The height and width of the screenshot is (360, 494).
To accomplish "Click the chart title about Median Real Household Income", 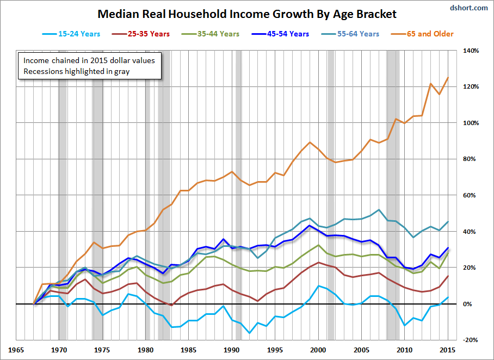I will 247,14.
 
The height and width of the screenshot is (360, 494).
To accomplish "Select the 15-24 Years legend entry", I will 71,34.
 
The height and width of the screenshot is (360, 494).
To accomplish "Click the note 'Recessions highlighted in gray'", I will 76,71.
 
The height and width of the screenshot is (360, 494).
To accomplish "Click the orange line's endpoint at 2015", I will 448,78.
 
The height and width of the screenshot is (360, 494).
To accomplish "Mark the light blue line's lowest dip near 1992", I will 249,333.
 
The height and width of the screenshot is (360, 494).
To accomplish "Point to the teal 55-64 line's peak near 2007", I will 379,209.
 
